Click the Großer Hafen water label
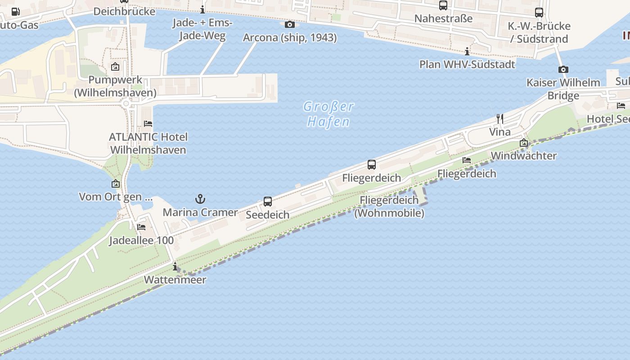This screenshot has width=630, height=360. [x=328, y=114]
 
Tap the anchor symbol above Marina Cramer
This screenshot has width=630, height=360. [x=200, y=199]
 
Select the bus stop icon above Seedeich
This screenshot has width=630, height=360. [x=268, y=202]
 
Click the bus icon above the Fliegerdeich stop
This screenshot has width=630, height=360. [x=372, y=165]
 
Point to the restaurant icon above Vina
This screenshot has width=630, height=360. [x=500, y=119]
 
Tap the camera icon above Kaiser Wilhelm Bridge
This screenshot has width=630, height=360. [x=563, y=69]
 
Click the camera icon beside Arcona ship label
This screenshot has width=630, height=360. [x=290, y=24]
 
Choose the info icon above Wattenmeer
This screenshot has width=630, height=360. [x=175, y=266]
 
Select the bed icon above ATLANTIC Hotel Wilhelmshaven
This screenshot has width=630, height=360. [x=148, y=123]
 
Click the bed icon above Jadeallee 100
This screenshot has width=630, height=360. [x=141, y=227]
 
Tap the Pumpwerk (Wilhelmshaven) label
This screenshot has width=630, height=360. [x=115, y=86]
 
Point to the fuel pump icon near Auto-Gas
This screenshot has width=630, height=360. [x=15, y=12]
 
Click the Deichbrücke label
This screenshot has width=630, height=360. [x=124, y=11]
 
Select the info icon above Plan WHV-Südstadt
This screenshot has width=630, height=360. [x=467, y=51]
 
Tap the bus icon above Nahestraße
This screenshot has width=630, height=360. [x=443, y=5]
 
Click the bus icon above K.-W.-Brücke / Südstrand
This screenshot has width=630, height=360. [x=539, y=13]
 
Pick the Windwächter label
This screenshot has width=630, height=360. [x=524, y=156]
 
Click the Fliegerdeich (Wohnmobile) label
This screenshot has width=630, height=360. [x=389, y=207]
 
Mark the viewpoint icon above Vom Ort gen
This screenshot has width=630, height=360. [x=116, y=184]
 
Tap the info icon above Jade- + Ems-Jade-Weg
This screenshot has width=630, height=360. [x=202, y=9]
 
